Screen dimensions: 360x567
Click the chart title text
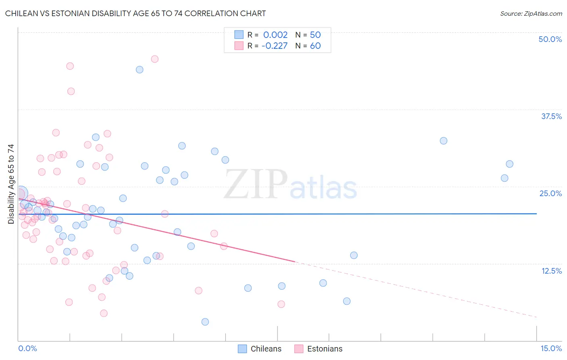pyautogui.click(x=135, y=13)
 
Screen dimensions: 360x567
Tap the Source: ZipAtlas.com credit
pyautogui.click(x=531, y=13)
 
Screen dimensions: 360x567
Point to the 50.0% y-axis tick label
pyautogui.click(x=550, y=39)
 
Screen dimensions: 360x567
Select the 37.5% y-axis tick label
pyautogui.click(x=551, y=116)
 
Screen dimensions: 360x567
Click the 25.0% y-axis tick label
pyautogui.click(x=550, y=193)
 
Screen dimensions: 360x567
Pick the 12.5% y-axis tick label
pyautogui.click(x=551, y=271)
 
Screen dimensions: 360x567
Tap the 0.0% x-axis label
pyautogui.click(x=27, y=348)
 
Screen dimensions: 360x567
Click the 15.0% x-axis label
pyautogui.click(x=551, y=348)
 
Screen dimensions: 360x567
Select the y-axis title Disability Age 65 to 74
pyautogui.click(x=11, y=184)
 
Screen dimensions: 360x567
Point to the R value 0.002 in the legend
pyautogui.click(x=275, y=35)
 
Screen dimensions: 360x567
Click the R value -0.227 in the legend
pyautogui.click(x=275, y=46)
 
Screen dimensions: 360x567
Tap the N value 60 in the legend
pyautogui.click(x=315, y=46)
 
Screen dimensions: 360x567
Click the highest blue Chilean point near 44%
pyautogui.click(x=140, y=69)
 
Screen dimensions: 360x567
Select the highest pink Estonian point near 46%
pyautogui.click(x=154, y=59)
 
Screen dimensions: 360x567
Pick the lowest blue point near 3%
pyautogui.click(x=205, y=322)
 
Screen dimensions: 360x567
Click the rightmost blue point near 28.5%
pyautogui.click(x=510, y=164)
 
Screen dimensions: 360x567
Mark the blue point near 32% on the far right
pyautogui.click(x=444, y=141)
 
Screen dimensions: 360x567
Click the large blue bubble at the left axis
pyautogui.click(x=21, y=193)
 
